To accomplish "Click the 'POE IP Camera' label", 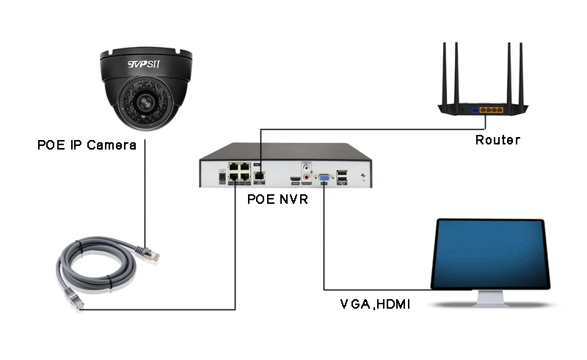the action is coord(87,145).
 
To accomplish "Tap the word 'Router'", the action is coord(497,140).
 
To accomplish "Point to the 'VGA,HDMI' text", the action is coord(374,303).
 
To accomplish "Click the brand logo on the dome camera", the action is coord(145,65).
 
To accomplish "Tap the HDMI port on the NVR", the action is coord(293,177).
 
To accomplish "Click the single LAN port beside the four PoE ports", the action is coord(259,175).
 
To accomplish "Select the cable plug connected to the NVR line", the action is coord(75,301).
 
